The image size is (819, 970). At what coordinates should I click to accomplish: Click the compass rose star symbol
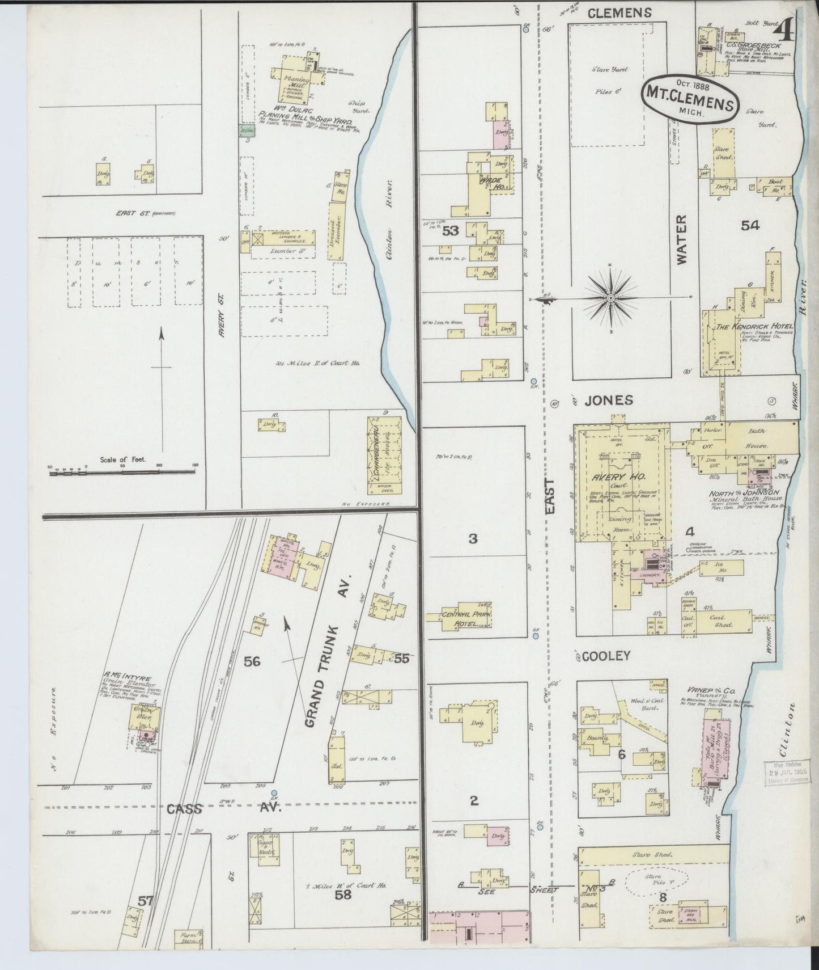coord(611,298)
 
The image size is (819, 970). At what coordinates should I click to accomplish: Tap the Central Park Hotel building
coord(467,619)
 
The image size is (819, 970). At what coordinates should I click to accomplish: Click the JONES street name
coord(609,400)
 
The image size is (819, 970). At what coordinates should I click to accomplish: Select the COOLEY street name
coord(606,656)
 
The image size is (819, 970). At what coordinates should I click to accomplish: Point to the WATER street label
coord(681,239)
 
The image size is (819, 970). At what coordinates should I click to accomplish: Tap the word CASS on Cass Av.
coord(184,809)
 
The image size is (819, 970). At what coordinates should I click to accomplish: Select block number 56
coord(252,661)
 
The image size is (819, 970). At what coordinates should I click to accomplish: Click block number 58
coord(343,895)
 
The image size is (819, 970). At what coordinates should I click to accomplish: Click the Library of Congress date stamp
coord(788,773)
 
